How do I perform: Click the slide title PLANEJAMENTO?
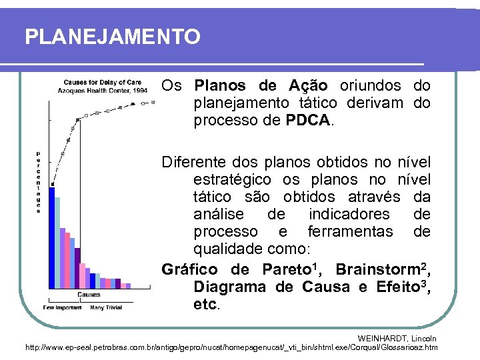coord(112,37)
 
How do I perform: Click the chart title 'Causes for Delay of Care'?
coord(102,83)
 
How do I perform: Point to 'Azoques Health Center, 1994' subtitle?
coord(102,90)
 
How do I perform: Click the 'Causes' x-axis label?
coord(89,294)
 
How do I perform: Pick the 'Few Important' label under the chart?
coord(62,308)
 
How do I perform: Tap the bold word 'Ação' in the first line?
coord(308,86)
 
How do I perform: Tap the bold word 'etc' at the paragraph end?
coord(205,305)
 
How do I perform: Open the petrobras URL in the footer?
coord(231,347)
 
